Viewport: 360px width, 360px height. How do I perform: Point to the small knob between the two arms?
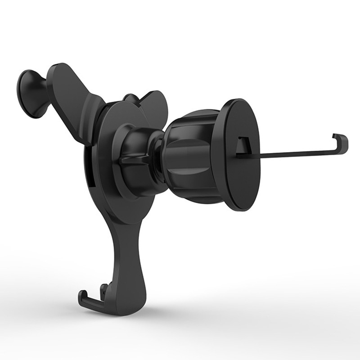pos(130,98)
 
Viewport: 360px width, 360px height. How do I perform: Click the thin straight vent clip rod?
pos(292,152)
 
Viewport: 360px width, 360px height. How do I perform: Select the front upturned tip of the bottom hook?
pos(83,297)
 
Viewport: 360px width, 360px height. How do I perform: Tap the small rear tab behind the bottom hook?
pos(104,288)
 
